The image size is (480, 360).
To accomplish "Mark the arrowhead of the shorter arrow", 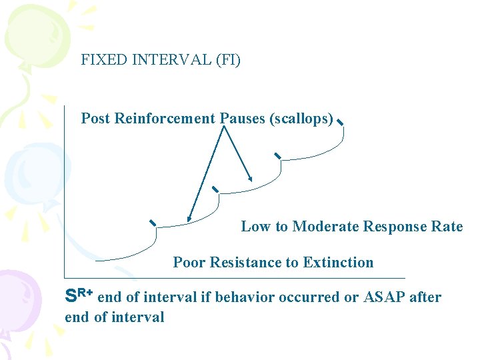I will (250, 179).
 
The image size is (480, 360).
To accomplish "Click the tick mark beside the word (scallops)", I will (340, 123).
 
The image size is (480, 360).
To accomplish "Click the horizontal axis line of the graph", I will (233, 277).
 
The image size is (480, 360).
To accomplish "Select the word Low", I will (255, 227).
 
